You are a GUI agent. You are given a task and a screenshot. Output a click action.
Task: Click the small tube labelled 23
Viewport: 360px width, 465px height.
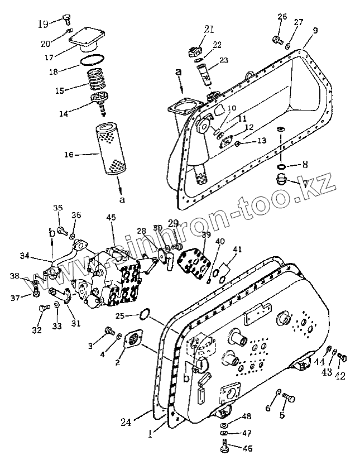[x=206, y=73]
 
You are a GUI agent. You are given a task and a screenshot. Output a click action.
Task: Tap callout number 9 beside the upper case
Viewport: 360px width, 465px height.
[x=315, y=31]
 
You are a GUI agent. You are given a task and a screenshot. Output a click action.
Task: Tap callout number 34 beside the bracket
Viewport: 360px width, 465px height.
[x=24, y=256]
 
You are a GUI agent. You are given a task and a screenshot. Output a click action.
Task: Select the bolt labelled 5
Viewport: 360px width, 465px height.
[x=289, y=397]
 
